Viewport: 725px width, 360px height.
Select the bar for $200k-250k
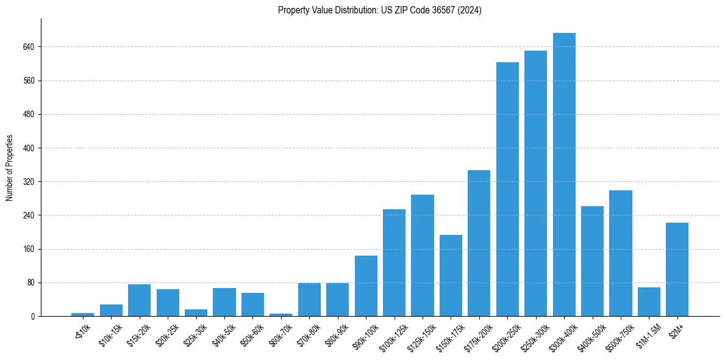(x=507, y=189)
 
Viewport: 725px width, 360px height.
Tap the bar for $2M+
(x=677, y=270)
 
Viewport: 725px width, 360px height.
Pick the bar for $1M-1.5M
(x=649, y=302)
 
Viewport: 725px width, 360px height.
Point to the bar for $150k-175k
(x=451, y=276)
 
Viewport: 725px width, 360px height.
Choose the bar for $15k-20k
(x=139, y=300)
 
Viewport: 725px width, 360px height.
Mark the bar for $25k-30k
(x=196, y=313)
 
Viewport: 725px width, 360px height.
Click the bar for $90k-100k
(x=366, y=286)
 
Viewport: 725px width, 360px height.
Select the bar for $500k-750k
(x=620, y=253)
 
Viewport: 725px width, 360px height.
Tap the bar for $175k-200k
(x=479, y=243)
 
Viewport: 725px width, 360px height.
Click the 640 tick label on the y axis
(x=29, y=47)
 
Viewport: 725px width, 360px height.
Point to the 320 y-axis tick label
(x=29, y=182)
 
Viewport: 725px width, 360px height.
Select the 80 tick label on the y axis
(x=30, y=283)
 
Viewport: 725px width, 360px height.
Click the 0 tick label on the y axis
(x=33, y=317)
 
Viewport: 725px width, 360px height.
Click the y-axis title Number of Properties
(x=10, y=168)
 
